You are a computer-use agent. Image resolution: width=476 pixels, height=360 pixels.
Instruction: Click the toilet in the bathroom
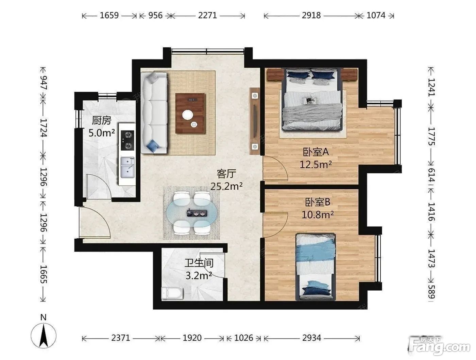point(172,293)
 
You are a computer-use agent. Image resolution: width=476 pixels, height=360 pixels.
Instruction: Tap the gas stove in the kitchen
point(127,140)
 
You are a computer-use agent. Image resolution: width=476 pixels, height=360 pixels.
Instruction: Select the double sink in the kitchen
point(128,167)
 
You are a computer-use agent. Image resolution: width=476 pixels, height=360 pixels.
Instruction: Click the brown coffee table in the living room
point(190,113)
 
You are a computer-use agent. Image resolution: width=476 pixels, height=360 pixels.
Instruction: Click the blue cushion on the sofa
point(153,145)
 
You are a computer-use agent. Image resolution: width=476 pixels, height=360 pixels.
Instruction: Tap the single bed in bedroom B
point(316,267)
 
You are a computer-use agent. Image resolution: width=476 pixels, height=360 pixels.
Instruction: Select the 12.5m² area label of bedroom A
point(316,165)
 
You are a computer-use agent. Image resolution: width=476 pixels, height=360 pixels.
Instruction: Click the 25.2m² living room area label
point(226,186)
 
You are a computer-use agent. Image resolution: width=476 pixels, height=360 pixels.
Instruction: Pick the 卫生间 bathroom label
point(199,263)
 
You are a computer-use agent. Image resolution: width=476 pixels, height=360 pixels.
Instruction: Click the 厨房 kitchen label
point(101,120)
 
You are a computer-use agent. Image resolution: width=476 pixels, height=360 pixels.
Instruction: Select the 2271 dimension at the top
point(207,15)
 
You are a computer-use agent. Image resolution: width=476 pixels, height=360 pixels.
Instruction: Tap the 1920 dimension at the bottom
point(192,338)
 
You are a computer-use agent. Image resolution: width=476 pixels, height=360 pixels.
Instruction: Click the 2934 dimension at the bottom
point(311,338)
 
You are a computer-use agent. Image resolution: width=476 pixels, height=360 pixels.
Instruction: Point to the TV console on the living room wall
point(255,121)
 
